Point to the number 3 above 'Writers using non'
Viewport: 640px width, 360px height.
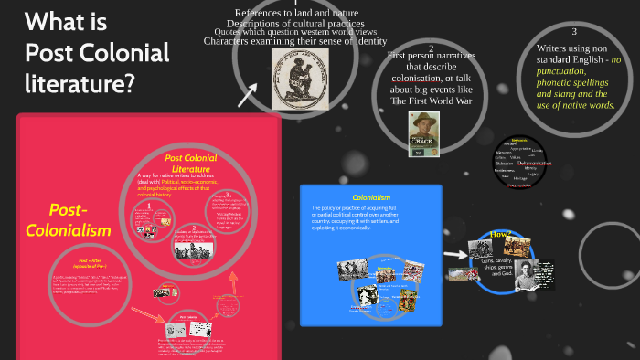click(x=573, y=32)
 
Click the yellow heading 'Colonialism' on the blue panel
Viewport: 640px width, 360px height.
click(x=371, y=197)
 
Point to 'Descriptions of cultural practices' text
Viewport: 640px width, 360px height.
click(x=295, y=24)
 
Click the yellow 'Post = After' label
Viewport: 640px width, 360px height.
click(x=69, y=259)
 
